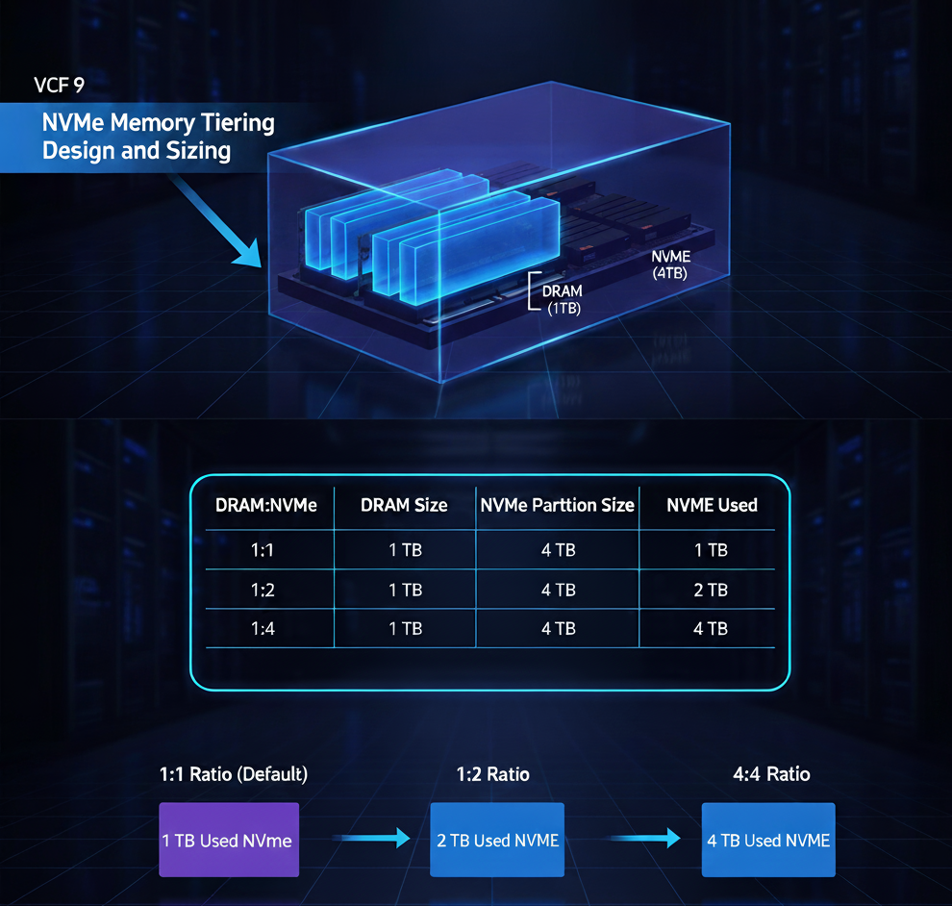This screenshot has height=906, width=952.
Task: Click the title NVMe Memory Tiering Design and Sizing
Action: tap(158, 137)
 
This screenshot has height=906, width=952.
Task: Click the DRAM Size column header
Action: tap(404, 505)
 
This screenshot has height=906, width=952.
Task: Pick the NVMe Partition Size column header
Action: tap(558, 505)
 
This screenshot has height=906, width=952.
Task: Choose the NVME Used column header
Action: tap(712, 505)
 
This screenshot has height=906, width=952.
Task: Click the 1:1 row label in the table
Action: tap(263, 550)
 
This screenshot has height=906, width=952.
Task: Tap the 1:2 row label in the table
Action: tap(263, 590)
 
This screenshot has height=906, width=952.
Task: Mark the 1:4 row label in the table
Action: tap(263, 628)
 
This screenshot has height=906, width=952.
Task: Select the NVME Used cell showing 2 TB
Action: tap(712, 590)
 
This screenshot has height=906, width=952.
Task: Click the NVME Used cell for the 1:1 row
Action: tap(712, 550)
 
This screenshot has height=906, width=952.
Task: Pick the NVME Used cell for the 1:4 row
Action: tap(712, 628)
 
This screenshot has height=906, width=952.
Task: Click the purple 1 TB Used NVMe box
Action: tap(228, 840)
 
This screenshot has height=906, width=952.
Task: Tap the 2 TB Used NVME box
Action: tap(497, 840)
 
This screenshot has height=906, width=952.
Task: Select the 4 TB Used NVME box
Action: tap(768, 840)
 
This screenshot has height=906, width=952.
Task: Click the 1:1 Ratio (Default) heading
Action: tap(234, 774)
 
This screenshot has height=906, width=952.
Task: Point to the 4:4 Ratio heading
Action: tap(770, 774)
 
